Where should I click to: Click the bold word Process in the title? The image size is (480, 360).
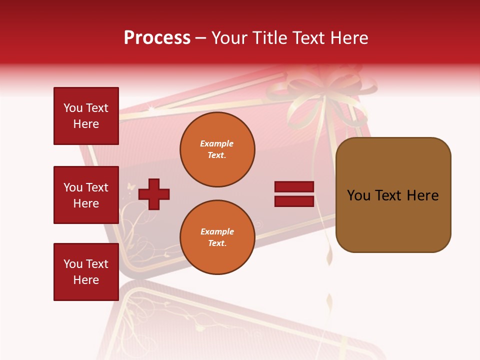click(157, 38)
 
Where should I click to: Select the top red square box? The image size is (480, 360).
click(86, 116)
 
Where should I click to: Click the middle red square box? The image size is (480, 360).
click(86, 195)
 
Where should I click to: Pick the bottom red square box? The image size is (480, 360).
click(86, 272)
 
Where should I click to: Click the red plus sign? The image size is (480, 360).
click(154, 194)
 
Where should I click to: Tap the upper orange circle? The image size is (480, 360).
click(217, 149)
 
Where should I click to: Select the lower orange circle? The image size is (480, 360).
click(217, 237)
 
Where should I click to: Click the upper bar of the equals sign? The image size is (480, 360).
click(294, 187)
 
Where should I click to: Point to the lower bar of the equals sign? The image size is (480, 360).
click(294, 201)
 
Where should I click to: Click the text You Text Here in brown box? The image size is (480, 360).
click(393, 195)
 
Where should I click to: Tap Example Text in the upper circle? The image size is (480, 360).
click(217, 149)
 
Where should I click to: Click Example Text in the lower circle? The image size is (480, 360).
click(217, 237)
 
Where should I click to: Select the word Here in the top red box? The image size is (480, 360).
click(86, 124)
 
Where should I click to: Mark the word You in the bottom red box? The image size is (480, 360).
click(72, 264)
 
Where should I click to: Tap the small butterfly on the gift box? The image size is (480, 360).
click(131, 186)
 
